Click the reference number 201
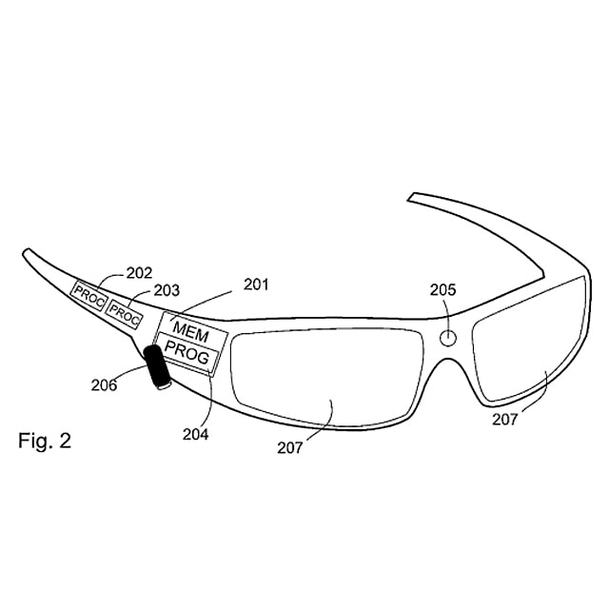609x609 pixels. click(x=256, y=285)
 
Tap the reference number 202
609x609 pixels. click(x=140, y=273)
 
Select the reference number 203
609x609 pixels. click(x=167, y=290)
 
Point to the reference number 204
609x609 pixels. click(x=195, y=434)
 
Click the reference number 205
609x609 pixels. click(x=442, y=289)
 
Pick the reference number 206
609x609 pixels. click(x=104, y=384)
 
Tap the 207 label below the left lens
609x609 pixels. click(x=289, y=448)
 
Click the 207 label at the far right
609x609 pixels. click(x=505, y=420)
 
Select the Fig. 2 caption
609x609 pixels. click(x=45, y=442)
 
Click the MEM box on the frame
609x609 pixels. click(x=192, y=331)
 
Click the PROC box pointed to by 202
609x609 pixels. click(x=89, y=296)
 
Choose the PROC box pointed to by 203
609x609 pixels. click(x=125, y=314)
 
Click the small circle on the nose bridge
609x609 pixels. click(x=448, y=338)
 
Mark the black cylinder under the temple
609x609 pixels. click(x=157, y=366)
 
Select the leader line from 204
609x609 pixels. click(x=210, y=401)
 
